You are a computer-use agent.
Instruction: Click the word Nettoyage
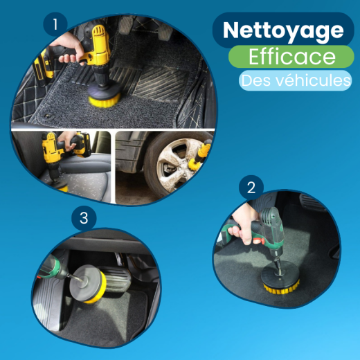click(x=283, y=31)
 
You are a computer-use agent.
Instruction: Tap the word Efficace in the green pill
click(x=291, y=57)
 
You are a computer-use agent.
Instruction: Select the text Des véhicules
click(x=296, y=80)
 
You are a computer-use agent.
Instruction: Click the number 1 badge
click(x=55, y=24)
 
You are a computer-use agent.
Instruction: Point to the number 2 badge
click(x=251, y=187)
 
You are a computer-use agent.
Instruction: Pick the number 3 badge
click(x=84, y=217)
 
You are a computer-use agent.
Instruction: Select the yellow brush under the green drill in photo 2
click(x=281, y=288)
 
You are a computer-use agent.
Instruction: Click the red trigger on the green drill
click(x=258, y=241)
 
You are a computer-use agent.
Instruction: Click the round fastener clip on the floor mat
click(x=48, y=116)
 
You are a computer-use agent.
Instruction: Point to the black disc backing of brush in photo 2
click(x=280, y=274)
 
